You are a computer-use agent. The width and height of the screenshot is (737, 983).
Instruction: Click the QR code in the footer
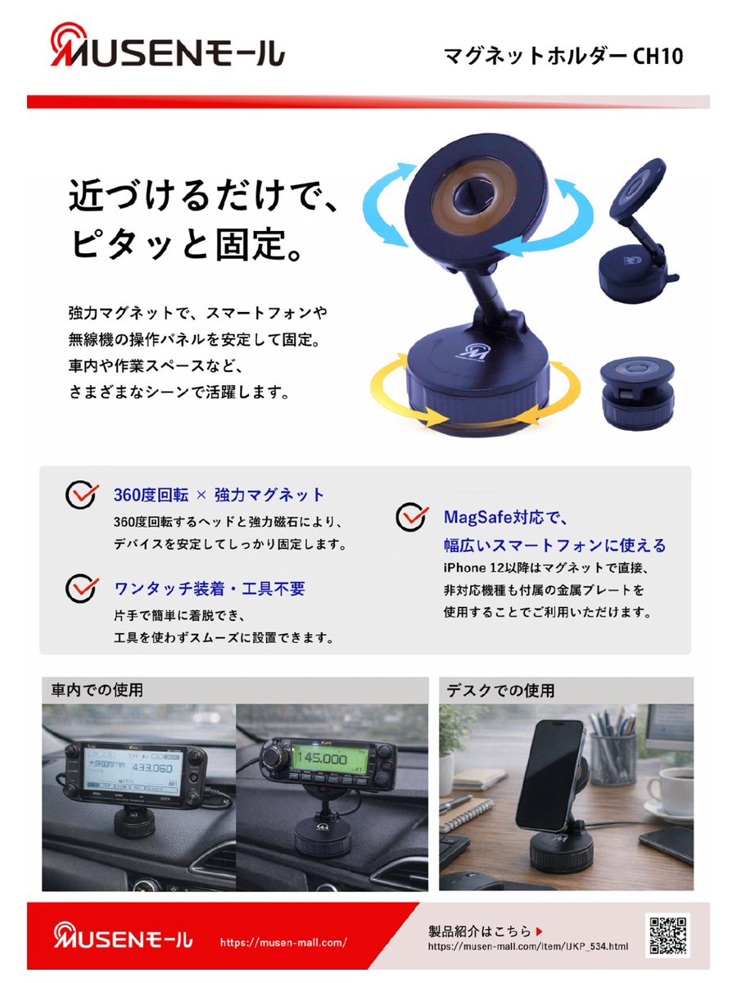click(x=667, y=934)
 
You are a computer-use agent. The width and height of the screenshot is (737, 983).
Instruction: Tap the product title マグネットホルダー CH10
click(x=563, y=56)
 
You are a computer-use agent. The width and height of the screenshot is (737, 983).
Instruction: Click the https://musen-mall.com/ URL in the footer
click(x=283, y=943)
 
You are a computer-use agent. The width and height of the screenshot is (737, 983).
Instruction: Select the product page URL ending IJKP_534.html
click(x=528, y=947)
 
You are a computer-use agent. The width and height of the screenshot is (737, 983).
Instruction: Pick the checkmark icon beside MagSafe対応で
click(x=412, y=517)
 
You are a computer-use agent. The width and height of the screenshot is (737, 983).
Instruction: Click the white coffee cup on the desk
click(x=670, y=790)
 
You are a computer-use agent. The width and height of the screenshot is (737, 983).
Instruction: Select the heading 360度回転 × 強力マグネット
click(x=219, y=495)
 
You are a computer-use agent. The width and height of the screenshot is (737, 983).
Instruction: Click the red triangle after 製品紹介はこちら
click(x=539, y=931)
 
